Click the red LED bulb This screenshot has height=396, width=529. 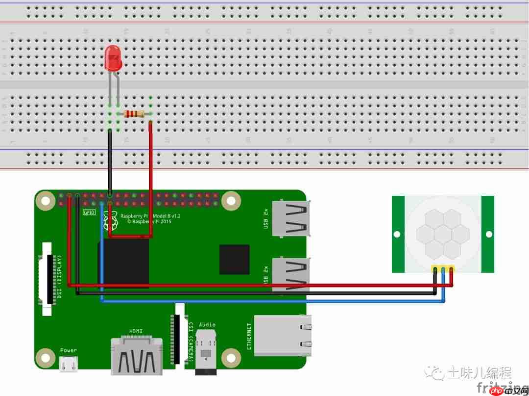click(113, 58)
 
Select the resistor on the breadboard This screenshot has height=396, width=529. click(134, 114)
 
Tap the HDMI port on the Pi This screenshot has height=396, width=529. click(137, 355)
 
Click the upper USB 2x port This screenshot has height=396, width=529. click(292, 218)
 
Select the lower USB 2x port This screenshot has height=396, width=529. click(292, 275)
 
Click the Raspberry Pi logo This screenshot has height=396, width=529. click(111, 222)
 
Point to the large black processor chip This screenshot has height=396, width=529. click(124, 263)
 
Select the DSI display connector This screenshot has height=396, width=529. click(46, 278)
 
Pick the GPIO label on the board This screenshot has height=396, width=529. click(89, 212)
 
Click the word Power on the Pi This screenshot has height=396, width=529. click(69, 350)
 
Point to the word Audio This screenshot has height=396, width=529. click(207, 324)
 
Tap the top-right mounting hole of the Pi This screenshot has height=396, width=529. click(231, 200)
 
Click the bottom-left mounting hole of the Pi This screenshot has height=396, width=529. click(45, 358)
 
